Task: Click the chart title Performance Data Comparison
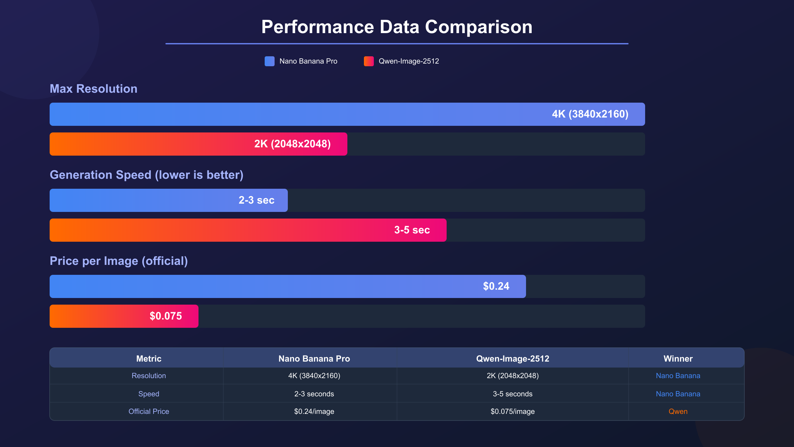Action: [397, 27]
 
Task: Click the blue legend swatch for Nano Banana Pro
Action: [269, 61]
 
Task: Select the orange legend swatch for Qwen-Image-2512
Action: [369, 61]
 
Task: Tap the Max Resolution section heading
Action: [93, 89]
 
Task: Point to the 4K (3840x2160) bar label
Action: [590, 114]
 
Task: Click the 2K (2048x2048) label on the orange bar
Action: [292, 144]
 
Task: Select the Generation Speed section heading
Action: [146, 175]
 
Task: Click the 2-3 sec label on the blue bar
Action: [256, 200]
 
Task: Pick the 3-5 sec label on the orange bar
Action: [412, 230]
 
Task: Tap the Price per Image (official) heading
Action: [118, 261]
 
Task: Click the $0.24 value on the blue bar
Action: [496, 286]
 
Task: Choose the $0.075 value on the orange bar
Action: [166, 316]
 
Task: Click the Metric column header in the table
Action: [149, 359]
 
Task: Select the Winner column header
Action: [678, 359]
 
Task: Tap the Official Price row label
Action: [149, 411]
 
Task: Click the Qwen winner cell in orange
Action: [678, 411]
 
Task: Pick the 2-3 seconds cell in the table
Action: [314, 394]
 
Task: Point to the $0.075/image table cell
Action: [512, 411]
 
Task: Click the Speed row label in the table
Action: [149, 394]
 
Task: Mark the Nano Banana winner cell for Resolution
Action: [678, 375]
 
